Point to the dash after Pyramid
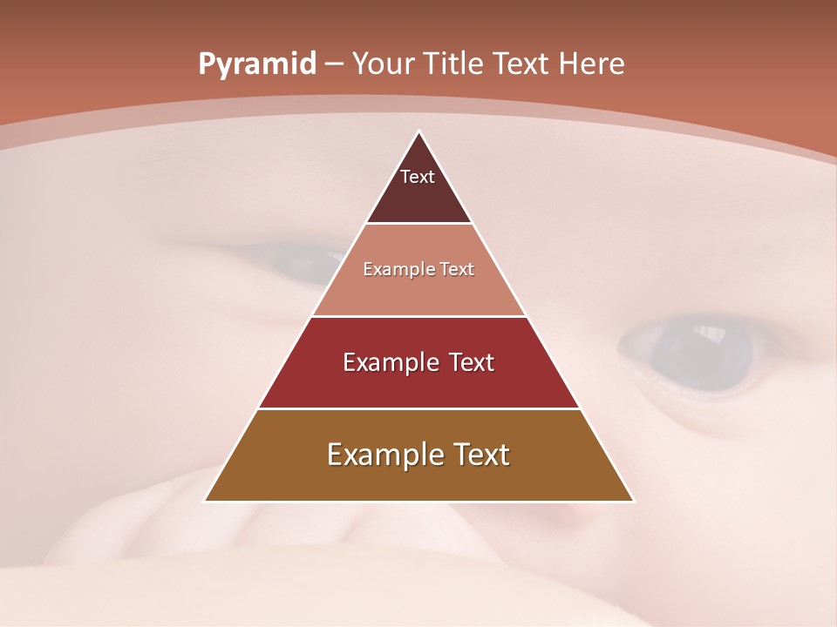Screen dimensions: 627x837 tap(334, 64)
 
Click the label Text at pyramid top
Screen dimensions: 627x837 tap(418, 177)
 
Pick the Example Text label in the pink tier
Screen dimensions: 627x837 tap(418, 269)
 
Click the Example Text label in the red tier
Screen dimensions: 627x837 tap(418, 362)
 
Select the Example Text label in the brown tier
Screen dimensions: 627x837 tap(418, 455)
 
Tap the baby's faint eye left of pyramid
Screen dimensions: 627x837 tap(301, 258)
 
